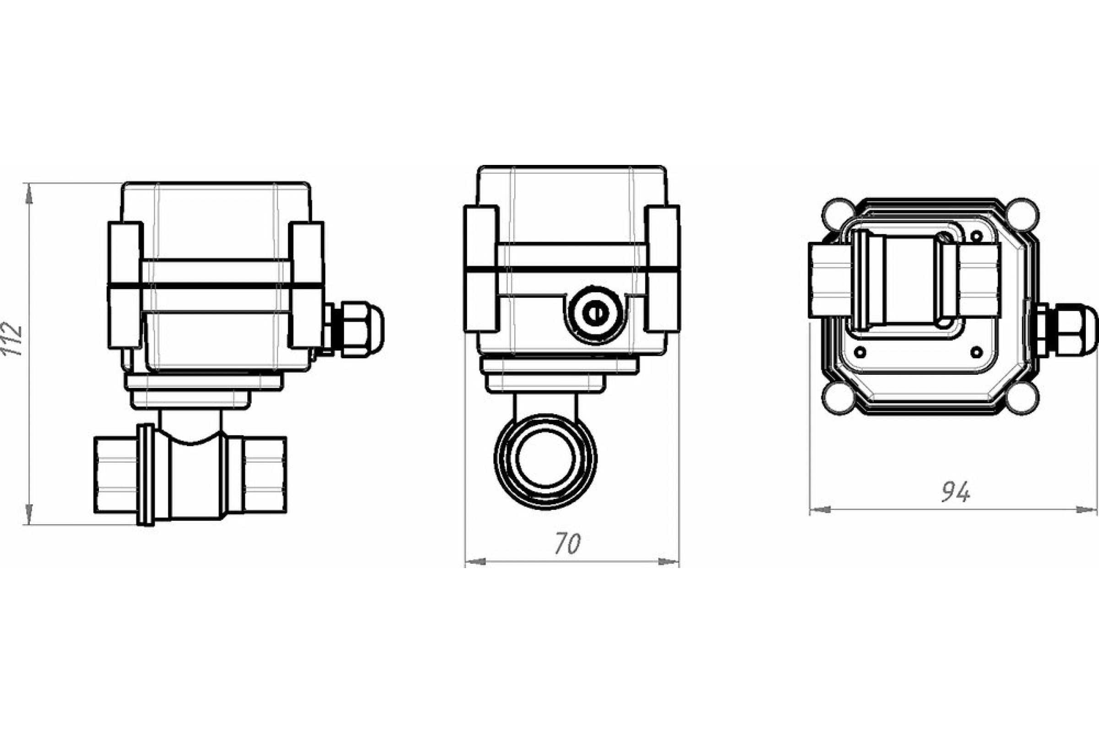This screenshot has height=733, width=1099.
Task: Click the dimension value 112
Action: (x=12, y=339)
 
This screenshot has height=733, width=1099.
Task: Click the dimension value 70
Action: (x=568, y=544)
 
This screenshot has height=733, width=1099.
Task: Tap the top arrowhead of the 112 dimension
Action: (x=29, y=193)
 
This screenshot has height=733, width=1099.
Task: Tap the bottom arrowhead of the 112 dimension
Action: (x=29, y=514)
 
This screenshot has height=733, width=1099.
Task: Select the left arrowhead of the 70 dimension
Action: (x=476, y=562)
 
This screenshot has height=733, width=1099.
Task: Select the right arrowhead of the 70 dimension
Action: (x=668, y=562)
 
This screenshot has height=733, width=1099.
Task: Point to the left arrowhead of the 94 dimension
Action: (x=820, y=509)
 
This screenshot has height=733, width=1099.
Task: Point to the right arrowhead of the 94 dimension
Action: (x=1086, y=509)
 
